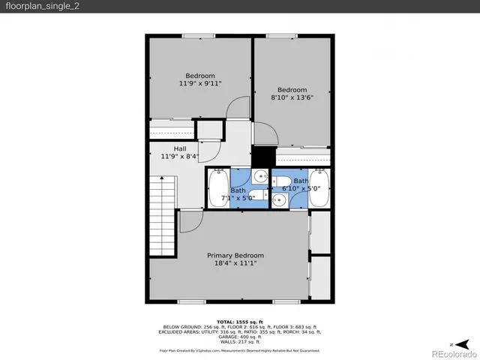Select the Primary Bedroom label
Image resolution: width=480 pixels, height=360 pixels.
coord(235,255)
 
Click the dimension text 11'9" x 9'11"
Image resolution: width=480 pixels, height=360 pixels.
coord(200,84)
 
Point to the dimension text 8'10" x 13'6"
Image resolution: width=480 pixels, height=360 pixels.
coord(292,97)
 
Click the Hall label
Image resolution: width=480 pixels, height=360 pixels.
coord(180,148)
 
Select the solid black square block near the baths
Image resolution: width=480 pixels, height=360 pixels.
coord(262,157)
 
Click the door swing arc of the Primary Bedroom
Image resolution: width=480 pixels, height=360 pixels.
coord(190,221)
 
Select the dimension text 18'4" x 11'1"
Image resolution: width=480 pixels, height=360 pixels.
coord(235,264)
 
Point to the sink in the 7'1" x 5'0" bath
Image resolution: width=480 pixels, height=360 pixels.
coord(259,177)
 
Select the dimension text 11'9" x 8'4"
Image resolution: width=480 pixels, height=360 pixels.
coord(180,157)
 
